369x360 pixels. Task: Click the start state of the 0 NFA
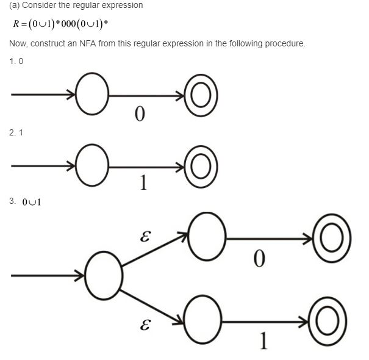click(92, 95)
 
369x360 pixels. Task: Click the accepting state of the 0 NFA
click(201, 95)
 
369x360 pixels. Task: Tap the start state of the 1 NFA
click(92, 164)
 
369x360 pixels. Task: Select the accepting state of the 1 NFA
click(201, 164)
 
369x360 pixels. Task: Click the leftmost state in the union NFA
click(103, 275)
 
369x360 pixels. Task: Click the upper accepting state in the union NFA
click(331, 239)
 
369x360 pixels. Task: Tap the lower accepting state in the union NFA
click(328, 321)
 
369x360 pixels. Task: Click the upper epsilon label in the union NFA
click(145, 236)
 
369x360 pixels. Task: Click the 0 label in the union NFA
click(259, 259)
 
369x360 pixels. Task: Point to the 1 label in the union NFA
click(263, 341)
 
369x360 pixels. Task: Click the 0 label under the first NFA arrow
click(140, 114)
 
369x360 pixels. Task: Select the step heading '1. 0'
click(16, 62)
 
